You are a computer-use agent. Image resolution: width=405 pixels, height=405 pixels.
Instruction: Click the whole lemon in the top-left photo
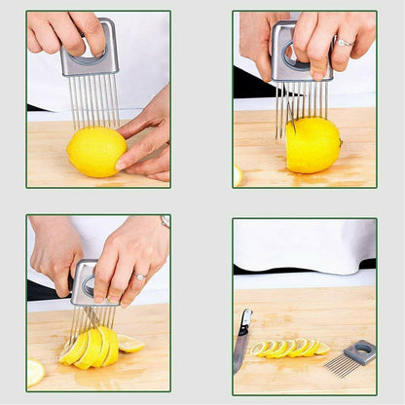pyautogui.click(x=95, y=152)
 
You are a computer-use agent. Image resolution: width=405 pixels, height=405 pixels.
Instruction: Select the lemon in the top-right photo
pyautogui.click(x=312, y=145)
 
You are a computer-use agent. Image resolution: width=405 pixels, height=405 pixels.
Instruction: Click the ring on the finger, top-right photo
pyautogui.click(x=345, y=43)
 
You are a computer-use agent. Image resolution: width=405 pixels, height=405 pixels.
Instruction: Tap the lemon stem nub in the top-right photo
pyautogui.click(x=340, y=141)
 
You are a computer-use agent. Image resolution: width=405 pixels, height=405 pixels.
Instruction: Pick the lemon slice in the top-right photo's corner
pyautogui.click(x=238, y=176)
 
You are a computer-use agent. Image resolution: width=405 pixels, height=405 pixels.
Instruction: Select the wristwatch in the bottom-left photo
pyautogui.click(x=166, y=222)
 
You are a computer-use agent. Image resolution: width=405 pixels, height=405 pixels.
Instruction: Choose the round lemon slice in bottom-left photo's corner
pyautogui.click(x=35, y=372)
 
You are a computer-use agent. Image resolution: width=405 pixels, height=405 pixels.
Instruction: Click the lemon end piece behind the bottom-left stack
pyautogui.click(x=129, y=344)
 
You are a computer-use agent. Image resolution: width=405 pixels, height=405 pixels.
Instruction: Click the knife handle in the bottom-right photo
pyautogui.click(x=245, y=322)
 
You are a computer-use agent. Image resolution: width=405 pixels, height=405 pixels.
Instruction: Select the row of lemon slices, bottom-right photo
pyautogui.click(x=289, y=348)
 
